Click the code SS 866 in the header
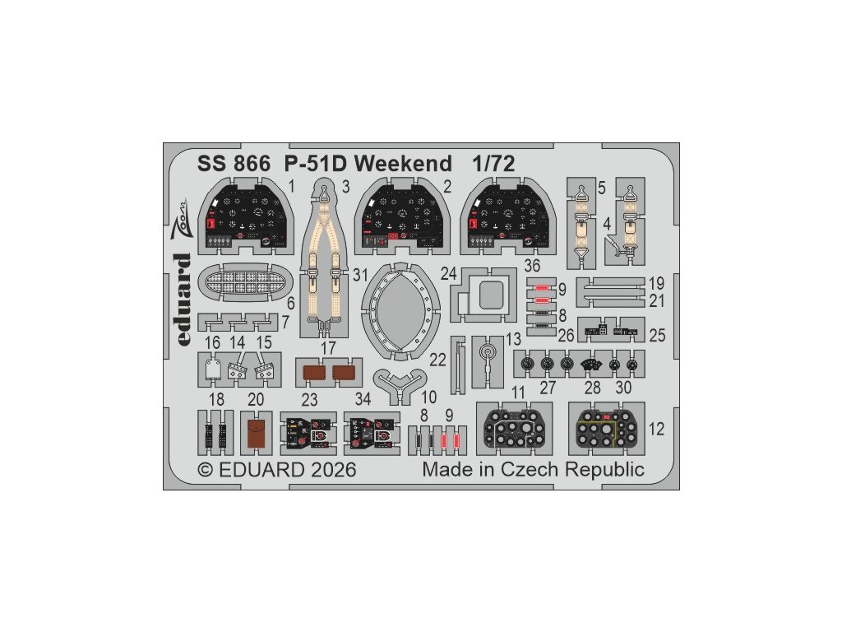(234, 163)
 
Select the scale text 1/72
(493, 163)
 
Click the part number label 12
(655, 429)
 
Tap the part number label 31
(359, 276)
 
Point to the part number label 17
(328, 347)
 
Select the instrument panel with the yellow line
(608, 429)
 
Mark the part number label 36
(532, 267)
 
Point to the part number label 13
(514, 339)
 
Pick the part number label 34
(363, 399)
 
